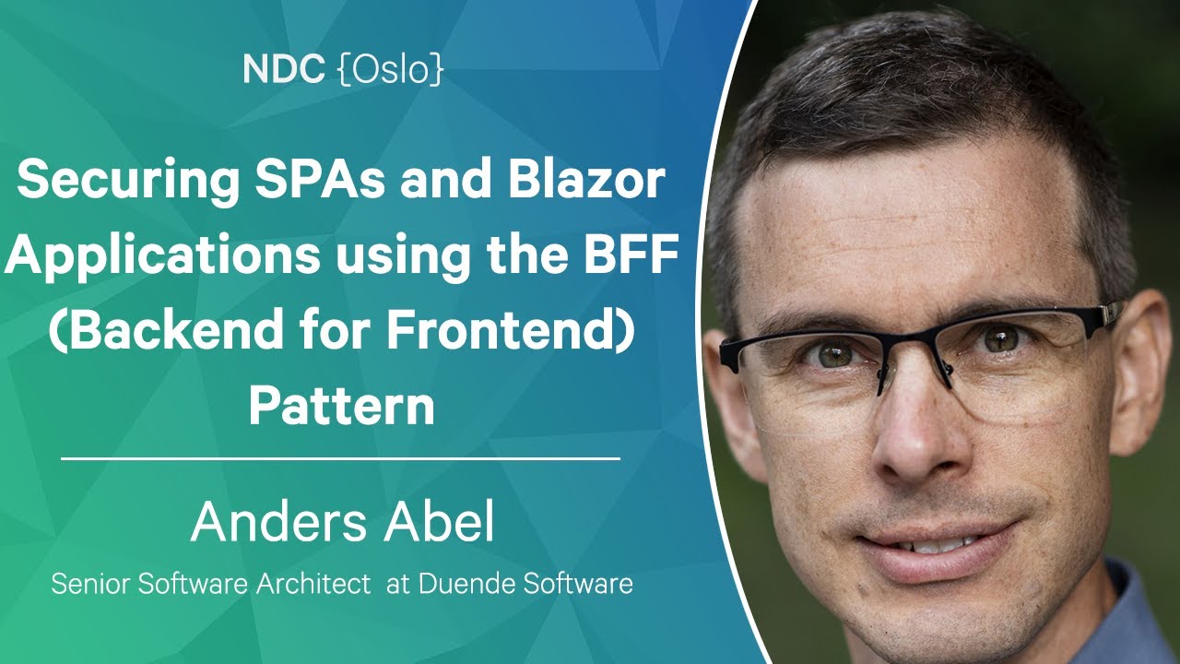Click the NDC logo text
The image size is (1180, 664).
(x=283, y=69)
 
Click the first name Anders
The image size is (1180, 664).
(x=279, y=522)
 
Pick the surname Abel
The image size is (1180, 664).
(x=439, y=521)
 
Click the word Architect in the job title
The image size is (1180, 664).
(x=313, y=584)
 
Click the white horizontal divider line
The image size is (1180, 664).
(x=340, y=459)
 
